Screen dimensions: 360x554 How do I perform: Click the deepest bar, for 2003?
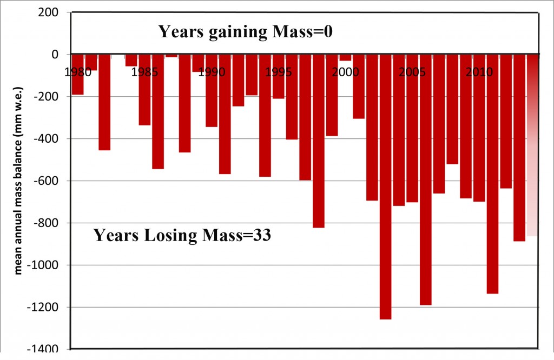click(x=385, y=186)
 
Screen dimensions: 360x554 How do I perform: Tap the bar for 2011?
click(x=492, y=174)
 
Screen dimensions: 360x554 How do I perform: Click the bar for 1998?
click(x=318, y=141)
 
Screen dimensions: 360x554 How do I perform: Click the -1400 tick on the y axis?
click(x=44, y=349)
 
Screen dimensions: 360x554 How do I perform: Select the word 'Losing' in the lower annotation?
click(x=167, y=236)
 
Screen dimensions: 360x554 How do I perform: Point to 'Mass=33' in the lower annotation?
click(x=241, y=236)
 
